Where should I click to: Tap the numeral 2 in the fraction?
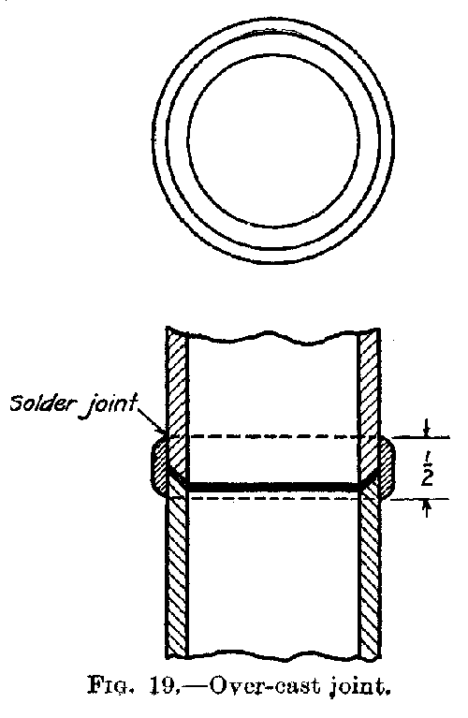coord(426,477)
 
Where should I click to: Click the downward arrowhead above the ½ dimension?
coord(427,432)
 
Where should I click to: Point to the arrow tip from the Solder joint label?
coord(164,433)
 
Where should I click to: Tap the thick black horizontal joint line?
coord(273,486)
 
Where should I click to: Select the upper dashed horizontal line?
coord(273,437)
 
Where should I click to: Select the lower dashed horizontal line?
coord(273,498)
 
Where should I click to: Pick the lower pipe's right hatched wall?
coord(370,572)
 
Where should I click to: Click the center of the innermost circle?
coord(273,140)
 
